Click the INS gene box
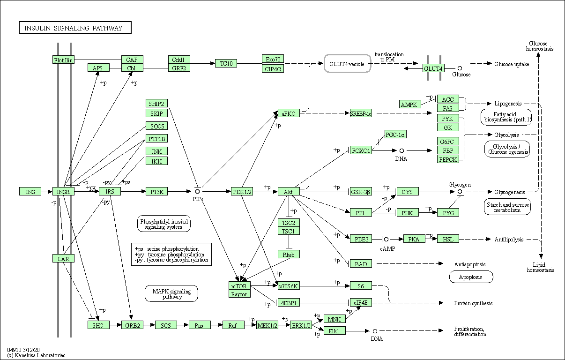pyautogui.click(x=30, y=192)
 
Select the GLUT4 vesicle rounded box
pyautogui.click(x=347, y=64)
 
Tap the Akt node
pyautogui.click(x=289, y=192)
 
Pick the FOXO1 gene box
pyautogui.click(x=361, y=150)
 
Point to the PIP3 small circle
pyautogui.click(x=198, y=191)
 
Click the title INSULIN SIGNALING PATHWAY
pyautogui.click(x=74, y=28)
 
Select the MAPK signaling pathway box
pyautogui.click(x=171, y=294)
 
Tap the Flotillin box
pyautogui.click(x=64, y=60)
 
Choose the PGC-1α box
pyautogui.click(x=395, y=135)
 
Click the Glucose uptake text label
pyautogui.click(x=512, y=64)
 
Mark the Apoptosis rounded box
pyautogui.click(x=471, y=277)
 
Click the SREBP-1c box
pyautogui.click(x=361, y=113)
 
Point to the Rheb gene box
pyautogui.click(x=289, y=255)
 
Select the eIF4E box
pyautogui.click(x=361, y=303)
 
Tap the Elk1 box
pyautogui.click(x=335, y=331)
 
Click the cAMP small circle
pyautogui.click(x=386, y=239)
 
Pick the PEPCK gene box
pyautogui.click(x=448, y=159)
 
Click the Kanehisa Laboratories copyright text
pyautogui.click(x=36, y=355)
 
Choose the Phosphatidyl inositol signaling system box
pyautogui.click(x=164, y=224)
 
